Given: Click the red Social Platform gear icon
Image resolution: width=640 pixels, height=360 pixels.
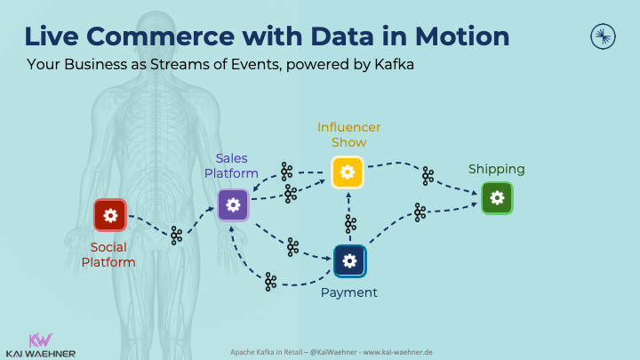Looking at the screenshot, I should point(110,215).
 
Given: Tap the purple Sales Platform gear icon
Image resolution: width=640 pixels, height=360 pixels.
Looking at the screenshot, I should point(234,204).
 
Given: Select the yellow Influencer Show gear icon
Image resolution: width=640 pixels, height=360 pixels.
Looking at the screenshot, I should point(348,172).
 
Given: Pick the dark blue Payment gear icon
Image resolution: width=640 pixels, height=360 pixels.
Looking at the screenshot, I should point(349,260).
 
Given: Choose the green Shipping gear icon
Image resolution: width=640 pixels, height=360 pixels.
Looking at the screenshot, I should point(497,197).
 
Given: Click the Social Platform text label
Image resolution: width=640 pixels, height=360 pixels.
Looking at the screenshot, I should point(108,254).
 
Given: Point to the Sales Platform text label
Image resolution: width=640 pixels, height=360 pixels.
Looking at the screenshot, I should point(231,165).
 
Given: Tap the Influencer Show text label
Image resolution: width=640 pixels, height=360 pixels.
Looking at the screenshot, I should point(348,134).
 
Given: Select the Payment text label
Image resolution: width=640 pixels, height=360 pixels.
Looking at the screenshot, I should point(349,292).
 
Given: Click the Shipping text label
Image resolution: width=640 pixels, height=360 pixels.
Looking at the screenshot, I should point(497,169).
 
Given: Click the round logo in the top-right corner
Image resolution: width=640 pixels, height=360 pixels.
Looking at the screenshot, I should point(604,36).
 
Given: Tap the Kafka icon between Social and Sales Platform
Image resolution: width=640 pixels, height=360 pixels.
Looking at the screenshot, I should point(176,236).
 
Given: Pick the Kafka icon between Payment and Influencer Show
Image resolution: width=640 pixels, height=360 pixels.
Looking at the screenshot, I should point(350,224).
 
